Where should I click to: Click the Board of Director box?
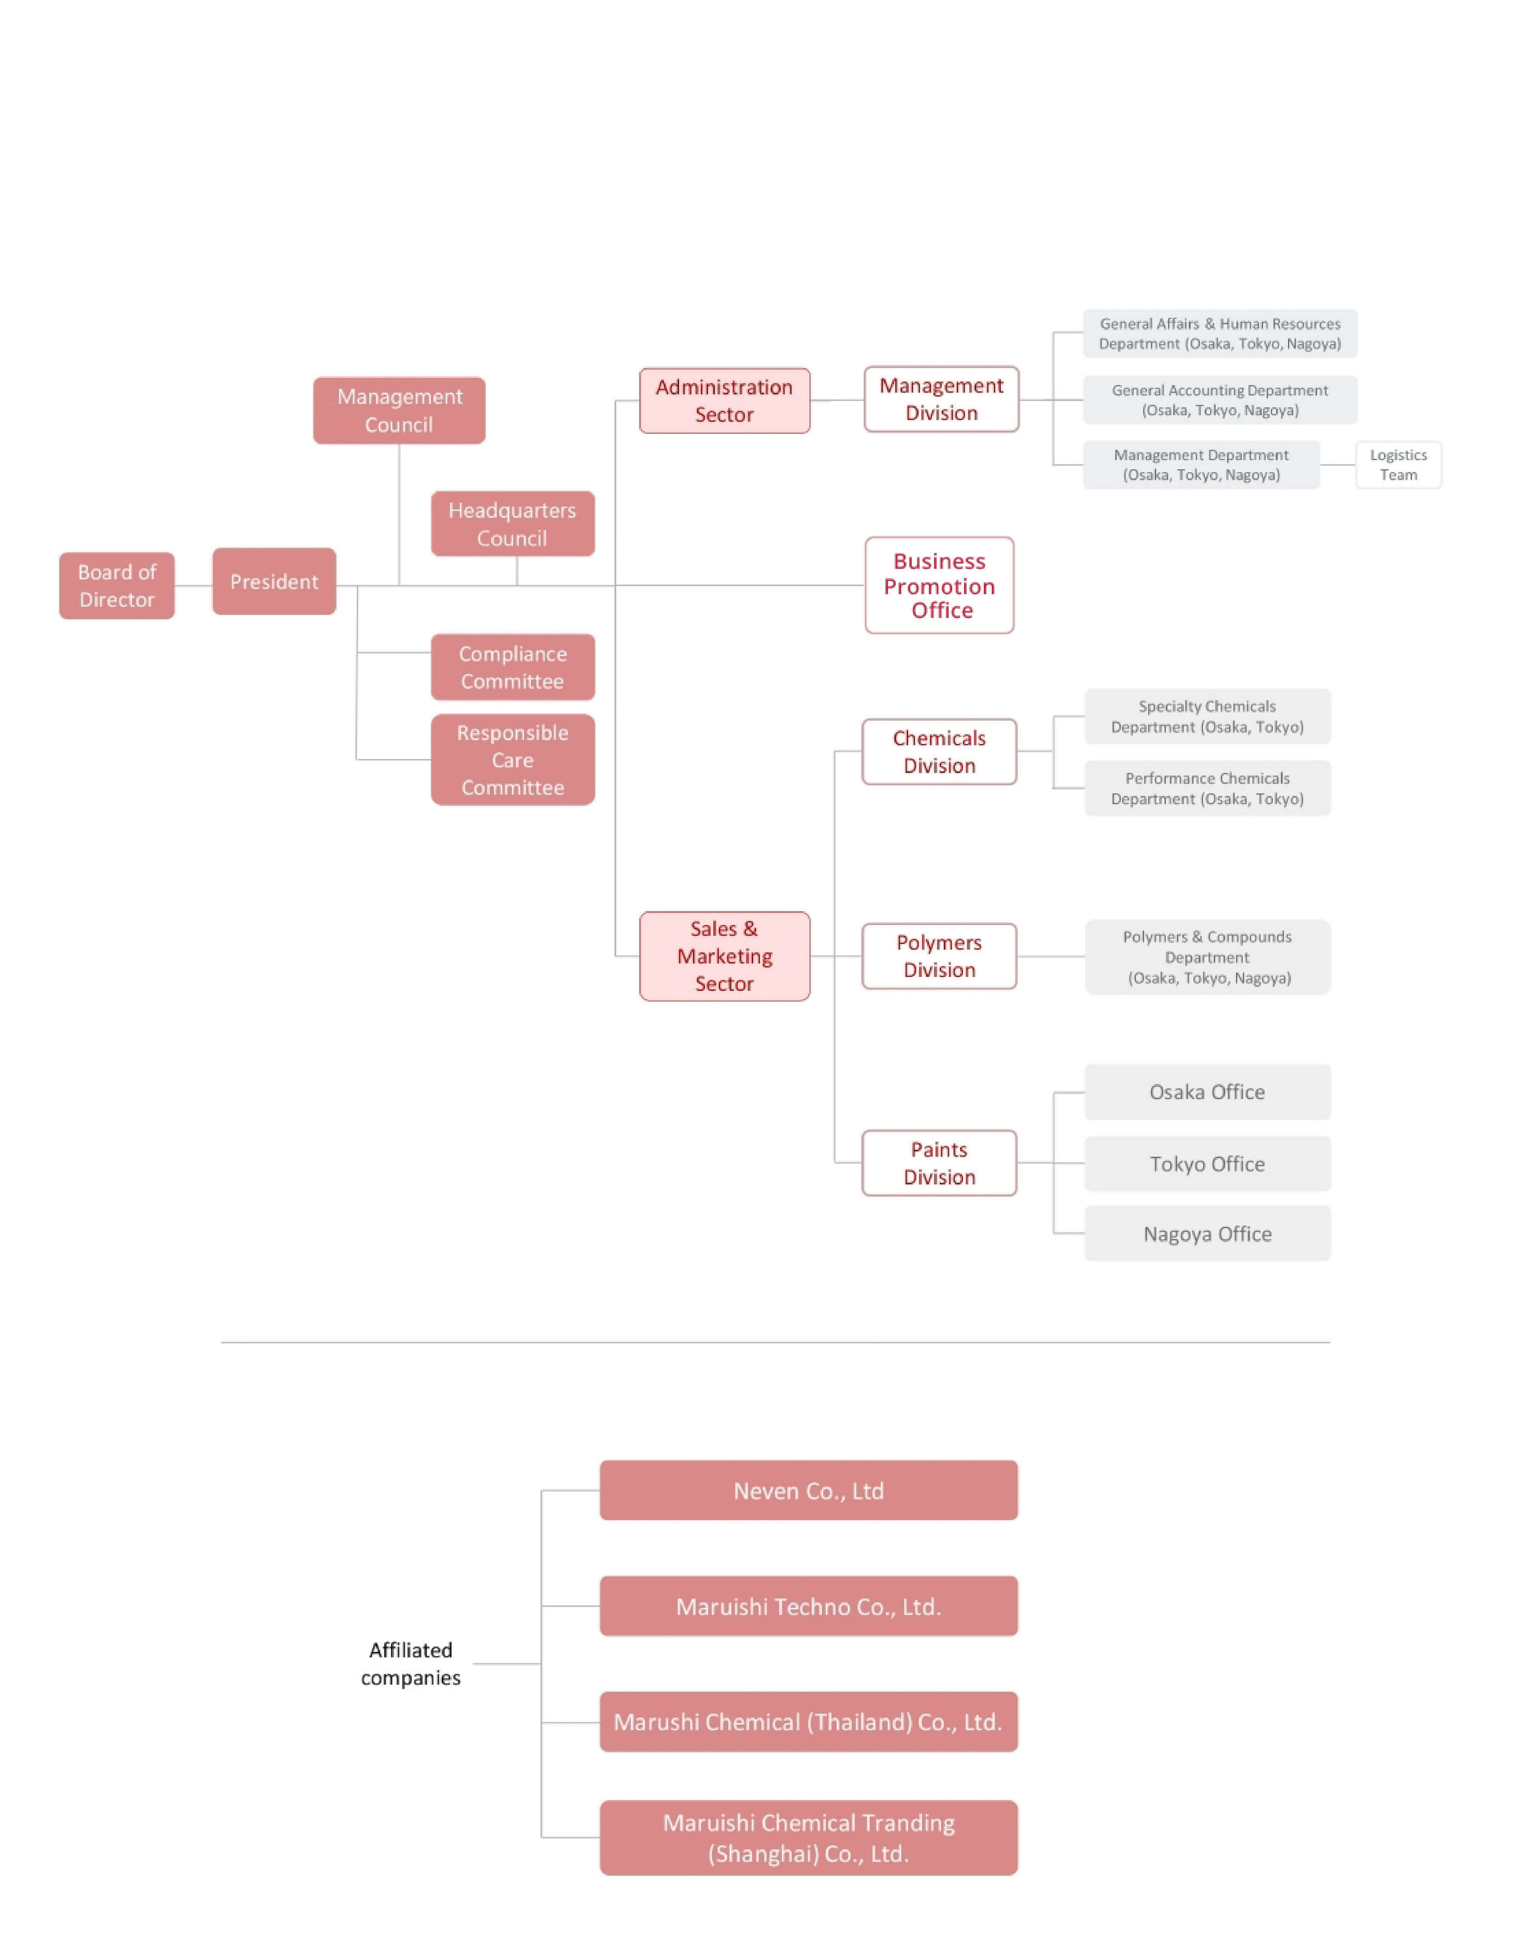117,585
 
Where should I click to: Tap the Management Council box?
399,410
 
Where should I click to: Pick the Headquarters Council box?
513,523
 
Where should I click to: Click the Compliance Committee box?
513,667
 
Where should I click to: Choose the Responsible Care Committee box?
513,760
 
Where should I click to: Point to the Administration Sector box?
725,401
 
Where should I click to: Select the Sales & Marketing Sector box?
725,956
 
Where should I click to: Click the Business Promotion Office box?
939,585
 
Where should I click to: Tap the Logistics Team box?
1398,464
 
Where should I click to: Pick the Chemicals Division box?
939,751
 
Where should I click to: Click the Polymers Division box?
939,956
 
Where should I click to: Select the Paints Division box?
939,1163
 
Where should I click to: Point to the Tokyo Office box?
1208,1164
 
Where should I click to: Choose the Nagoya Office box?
1208,1234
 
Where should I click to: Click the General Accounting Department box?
1220,400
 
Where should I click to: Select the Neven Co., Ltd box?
809,1490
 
